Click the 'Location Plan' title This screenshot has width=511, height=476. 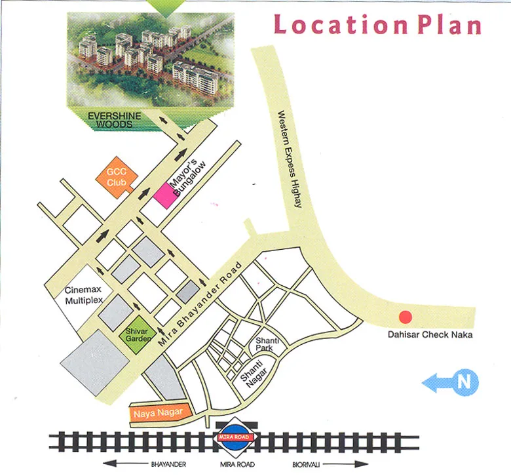[377, 25]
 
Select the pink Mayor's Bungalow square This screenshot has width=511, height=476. [165, 195]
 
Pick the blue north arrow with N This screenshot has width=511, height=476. [451, 382]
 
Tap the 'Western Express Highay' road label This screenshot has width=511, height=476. [289, 159]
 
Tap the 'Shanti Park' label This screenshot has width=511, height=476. [267, 344]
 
